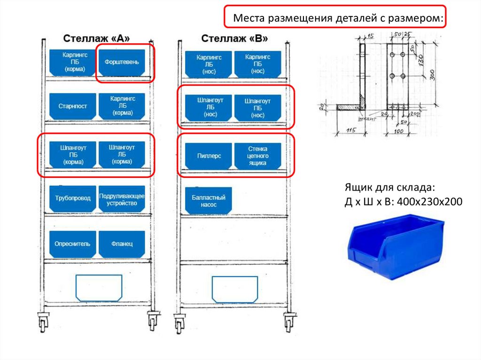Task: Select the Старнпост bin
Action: (73, 107)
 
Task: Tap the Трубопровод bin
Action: (73, 199)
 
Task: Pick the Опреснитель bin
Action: (73, 244)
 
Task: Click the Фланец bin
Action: (122, 244)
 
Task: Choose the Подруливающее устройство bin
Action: (122, 199)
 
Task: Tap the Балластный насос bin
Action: (209, 201)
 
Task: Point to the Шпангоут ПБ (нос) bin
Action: (257, 108)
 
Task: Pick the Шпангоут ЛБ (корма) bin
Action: (122, 155)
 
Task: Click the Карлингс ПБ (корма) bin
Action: (73, 62)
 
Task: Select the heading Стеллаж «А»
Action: (96, 38)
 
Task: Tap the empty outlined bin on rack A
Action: (99, 288)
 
